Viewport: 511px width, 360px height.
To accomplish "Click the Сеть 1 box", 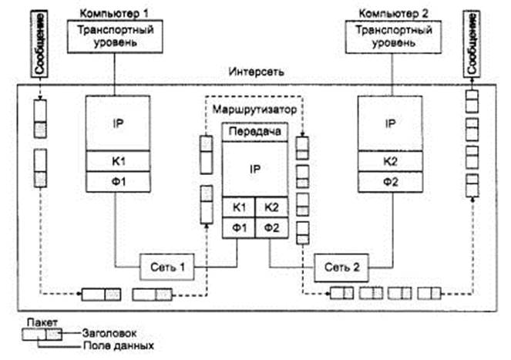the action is (x=167, y=267).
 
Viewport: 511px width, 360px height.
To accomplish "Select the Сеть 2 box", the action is (x=341, y=268).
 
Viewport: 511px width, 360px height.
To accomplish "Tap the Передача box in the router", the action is (x=255, y=132).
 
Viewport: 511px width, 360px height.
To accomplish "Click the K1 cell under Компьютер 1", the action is (x=118, y=161).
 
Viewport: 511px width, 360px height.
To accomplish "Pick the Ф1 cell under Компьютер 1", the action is (x=118, y=182).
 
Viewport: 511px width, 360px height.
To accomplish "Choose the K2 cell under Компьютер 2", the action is (x=391, y=161).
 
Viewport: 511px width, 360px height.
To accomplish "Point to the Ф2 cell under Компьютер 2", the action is (x=391, y=182).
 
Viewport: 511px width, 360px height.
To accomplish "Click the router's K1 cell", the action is (x=239, y=207).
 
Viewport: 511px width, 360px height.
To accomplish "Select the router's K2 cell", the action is (x=271, y=207).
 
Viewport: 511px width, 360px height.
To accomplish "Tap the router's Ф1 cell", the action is (x=239, y=228).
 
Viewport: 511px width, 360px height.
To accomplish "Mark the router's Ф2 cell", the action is (x=271, y=228).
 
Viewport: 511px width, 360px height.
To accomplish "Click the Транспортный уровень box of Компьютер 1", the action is (x=115, y=36).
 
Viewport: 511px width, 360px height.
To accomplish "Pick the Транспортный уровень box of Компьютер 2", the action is (x=393, y=36).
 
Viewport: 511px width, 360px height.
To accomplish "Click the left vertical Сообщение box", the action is (x=39, y=44).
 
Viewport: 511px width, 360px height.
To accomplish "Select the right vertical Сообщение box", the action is (x=472, y=44).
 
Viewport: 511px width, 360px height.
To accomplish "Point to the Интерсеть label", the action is (x=256, y=72).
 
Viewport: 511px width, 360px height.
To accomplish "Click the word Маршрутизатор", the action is (x=254, y=109).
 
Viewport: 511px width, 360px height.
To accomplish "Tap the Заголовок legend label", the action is (x=109, y=333).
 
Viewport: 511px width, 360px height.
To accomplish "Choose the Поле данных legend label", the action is (x=119, y=345).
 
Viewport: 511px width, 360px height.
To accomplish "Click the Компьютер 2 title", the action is (x=393, y=14).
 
